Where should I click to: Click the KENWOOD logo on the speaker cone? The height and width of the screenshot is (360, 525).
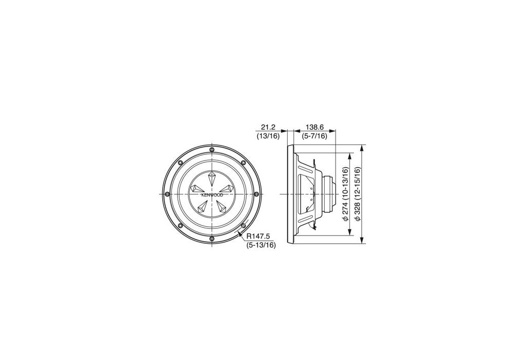coord(212,195)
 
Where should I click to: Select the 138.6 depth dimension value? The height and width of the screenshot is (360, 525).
coord(314,127)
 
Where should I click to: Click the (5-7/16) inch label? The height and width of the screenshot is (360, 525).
coord(314,136)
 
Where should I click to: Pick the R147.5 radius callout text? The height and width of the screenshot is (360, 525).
coord(258,237)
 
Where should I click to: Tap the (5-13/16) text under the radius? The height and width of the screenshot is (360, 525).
coord(261,245)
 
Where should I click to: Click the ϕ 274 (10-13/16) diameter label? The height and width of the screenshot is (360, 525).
coord(345,194)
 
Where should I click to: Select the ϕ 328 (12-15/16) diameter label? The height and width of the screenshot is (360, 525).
coord(357,194)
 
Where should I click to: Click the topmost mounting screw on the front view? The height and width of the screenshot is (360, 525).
coord(212,150)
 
